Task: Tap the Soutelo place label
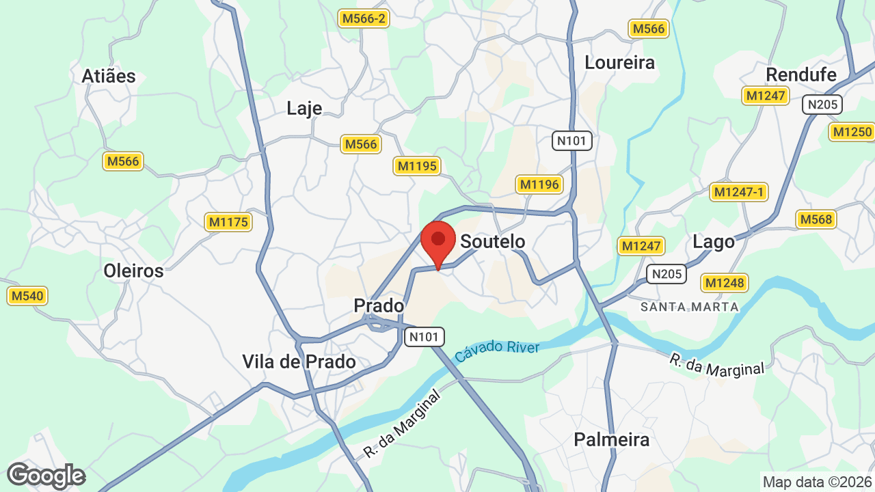492,241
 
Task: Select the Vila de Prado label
299,361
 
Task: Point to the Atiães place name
109,76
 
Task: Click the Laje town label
304,109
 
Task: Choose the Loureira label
619,63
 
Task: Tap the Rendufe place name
801,74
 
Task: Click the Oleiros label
133,271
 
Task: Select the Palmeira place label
611,439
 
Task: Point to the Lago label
714,242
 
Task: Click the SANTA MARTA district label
690,307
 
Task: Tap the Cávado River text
497,351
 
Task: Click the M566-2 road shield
364,18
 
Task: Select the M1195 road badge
416,166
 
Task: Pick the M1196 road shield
539,184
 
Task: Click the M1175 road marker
228,222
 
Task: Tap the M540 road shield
27,296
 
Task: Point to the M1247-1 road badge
738,192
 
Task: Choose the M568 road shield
816,219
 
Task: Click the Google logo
46,476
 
